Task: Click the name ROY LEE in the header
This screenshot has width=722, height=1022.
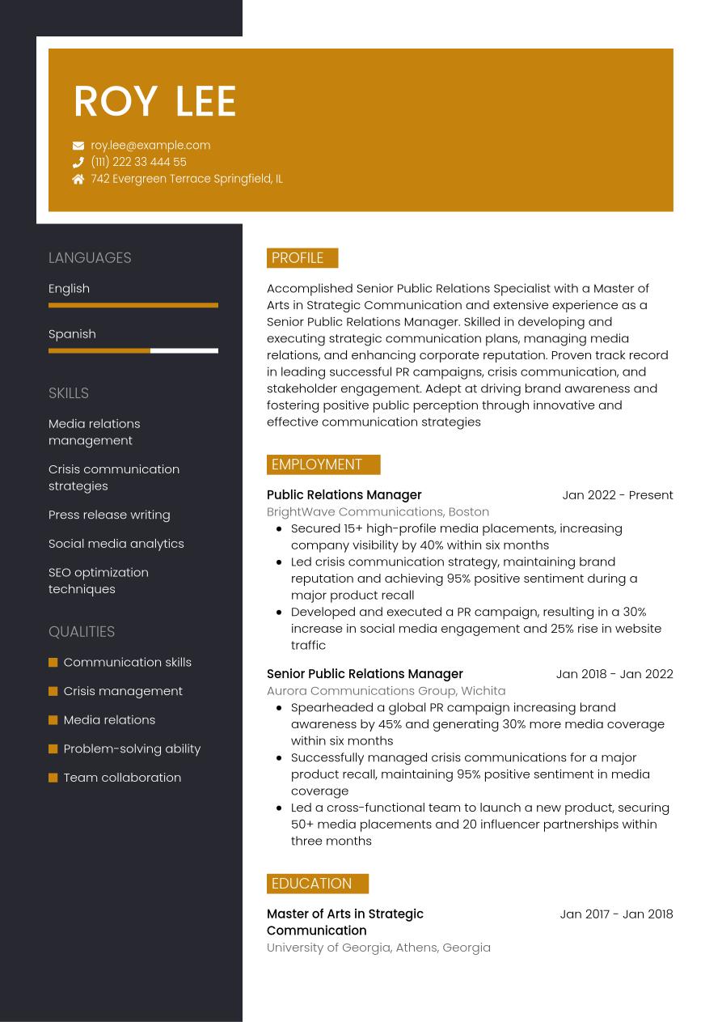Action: pos(154,101)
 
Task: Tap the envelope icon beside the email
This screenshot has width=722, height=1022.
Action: pos(78,146)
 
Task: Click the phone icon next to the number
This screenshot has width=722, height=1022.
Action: pos(78,163)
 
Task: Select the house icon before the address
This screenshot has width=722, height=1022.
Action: pos(78,179)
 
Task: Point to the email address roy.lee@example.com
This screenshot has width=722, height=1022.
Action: pos(150,146)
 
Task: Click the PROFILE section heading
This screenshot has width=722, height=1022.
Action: pos(298,258)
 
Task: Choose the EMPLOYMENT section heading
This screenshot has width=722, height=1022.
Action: pos(317,464)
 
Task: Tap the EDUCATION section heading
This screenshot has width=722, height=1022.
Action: pos(312,884)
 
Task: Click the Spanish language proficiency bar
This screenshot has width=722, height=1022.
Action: pos(133,350)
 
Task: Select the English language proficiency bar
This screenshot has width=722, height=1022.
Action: pos(133,305)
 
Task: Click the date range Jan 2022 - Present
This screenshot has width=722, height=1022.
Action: pos(618,495)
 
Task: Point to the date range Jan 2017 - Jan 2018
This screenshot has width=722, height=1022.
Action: pos(616,914)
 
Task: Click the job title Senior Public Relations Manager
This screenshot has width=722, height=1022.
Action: pos(365,674)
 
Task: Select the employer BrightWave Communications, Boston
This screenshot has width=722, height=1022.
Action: pos(378,511)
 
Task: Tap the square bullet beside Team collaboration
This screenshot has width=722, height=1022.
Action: pos(53,778)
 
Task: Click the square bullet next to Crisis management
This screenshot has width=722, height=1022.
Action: pos(53,691)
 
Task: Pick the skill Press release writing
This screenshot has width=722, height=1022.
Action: pos(109,515)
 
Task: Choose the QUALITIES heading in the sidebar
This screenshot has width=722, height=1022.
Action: pos(82,632)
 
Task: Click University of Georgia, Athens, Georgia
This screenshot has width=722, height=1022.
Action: pos(378,948)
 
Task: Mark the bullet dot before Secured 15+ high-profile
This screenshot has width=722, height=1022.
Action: pos(279,528)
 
